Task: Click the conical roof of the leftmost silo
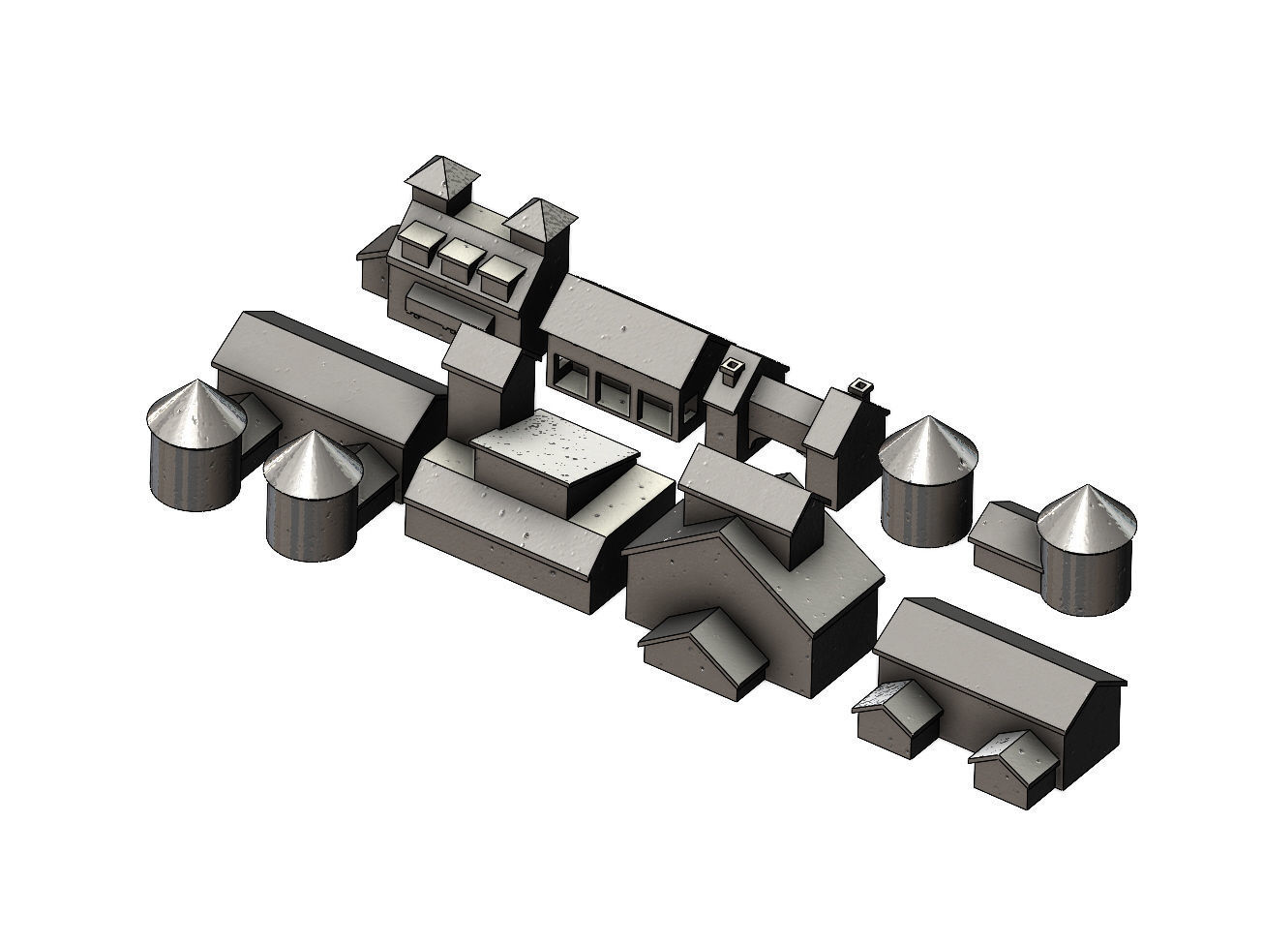click(x=195, y=413)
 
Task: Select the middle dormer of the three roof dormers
click(x=462, y=259)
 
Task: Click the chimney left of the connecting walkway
click(x=733, y=369)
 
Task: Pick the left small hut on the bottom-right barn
click(x=896, y=716)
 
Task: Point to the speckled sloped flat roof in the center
click(x=552, y=459)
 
